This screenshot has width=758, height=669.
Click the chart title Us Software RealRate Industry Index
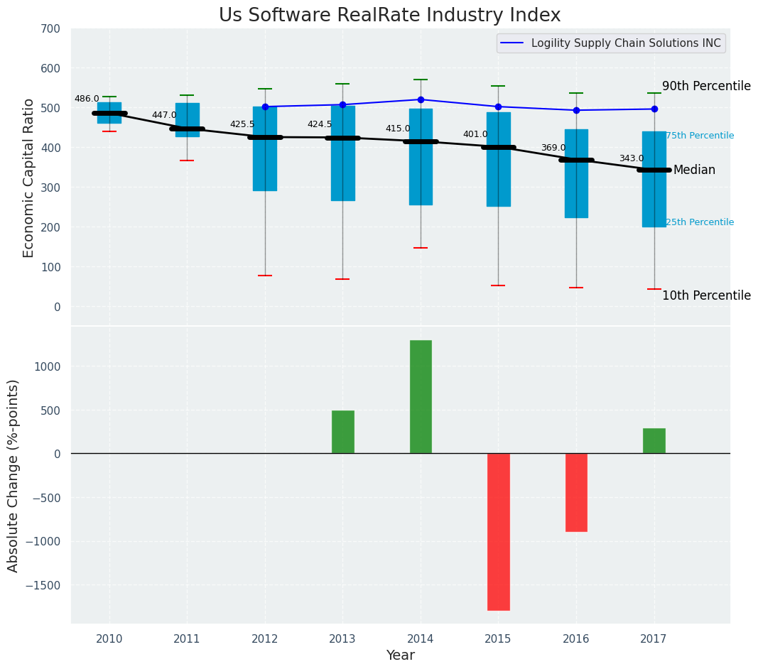[x=389, y=16]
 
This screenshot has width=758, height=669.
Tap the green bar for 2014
[x=421, y=396]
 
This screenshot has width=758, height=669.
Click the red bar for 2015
[x=498, y=531]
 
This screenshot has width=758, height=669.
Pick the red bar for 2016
[x=576, y=492]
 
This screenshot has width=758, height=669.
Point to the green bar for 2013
[x=342, y=432]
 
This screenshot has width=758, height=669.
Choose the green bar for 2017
[x=654, y=440]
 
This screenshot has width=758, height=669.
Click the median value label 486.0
[x=87, y=99]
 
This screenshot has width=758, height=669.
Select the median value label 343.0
[x=631, y=158]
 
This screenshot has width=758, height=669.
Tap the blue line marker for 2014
[x=421, y=99]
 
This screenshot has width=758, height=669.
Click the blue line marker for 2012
[x=265, y=107]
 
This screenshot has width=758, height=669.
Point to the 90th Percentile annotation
[x=705, y=86]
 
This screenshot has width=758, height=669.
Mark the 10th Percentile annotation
[x=705, y=295]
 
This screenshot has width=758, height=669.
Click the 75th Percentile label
[x=699, y=136]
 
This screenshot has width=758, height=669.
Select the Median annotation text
[x=694, y=170]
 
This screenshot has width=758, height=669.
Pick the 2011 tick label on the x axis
[x=187, y=638]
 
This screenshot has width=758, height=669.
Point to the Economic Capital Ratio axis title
[x=29, y=178]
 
